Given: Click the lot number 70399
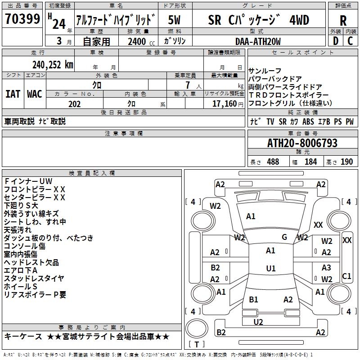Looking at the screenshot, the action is coord(22,20).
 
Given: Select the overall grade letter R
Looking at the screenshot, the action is coord(343,20).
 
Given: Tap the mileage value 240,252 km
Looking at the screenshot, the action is coord(53,64).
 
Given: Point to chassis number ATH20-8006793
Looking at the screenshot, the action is coord(302,144).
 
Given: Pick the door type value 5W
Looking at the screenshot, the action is coord(175,20).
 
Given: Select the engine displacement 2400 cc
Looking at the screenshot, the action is coord(138,42).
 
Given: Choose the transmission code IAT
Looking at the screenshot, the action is coord(13,94).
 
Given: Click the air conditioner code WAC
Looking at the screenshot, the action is coord(35,94).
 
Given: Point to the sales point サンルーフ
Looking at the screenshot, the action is coord(265,71).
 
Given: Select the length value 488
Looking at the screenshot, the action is coord(273,162).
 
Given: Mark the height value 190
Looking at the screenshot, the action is coord(346,162).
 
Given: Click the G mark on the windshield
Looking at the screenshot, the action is coord(284,237).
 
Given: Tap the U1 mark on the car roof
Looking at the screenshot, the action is coord(270,269).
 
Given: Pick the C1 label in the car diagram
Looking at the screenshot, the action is coord(346,276).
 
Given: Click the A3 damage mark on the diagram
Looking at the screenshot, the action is coord(326,268).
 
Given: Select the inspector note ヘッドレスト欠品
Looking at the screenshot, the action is coord(31,262).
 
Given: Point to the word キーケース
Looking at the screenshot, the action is coord(23,337).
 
